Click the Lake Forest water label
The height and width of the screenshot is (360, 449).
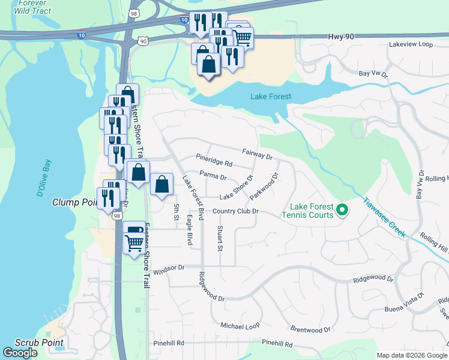270,97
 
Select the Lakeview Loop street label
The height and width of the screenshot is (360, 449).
411,44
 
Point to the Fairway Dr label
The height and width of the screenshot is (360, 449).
258,155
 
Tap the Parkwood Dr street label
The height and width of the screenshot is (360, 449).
265,187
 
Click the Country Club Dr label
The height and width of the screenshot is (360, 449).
235,211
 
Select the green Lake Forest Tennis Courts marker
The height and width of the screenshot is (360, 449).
342,209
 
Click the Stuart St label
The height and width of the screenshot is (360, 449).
220,238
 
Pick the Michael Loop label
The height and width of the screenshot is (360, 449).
240,326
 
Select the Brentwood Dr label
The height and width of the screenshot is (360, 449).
310,329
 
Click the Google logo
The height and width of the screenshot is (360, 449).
20,353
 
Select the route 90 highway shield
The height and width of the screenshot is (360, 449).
142,40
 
